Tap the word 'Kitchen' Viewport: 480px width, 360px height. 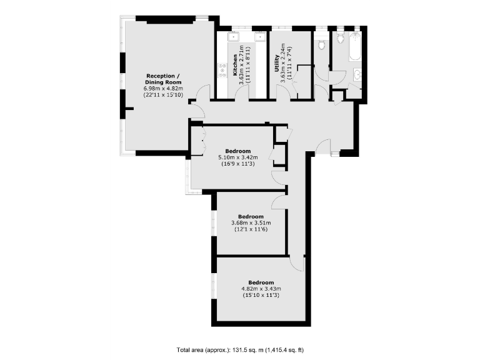(x=236, y=66)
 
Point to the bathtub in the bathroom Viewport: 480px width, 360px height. (x=354, y=48)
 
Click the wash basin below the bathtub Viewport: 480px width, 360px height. (x=357, y=76)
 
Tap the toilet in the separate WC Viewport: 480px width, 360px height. (x=322, y=45)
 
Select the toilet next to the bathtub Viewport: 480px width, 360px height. (x=339, y=40)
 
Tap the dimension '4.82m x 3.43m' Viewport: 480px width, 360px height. (x=261, y=288)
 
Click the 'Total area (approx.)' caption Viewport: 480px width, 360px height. (x=240, y=349)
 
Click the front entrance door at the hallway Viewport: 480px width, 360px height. (x=324, y=147)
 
